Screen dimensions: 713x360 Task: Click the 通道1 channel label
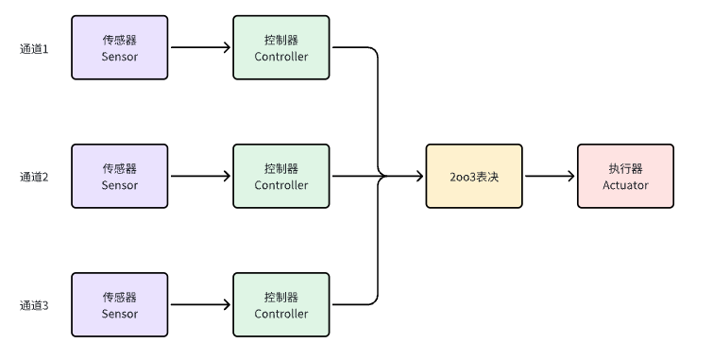click(x=34, y=49)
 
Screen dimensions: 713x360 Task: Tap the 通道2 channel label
click(x=34, y=177)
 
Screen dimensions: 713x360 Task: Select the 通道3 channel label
click(x=34, y=305)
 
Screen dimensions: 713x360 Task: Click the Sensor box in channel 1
click(x=120, y=47)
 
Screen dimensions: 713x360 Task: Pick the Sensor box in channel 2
click(x=120, y=176)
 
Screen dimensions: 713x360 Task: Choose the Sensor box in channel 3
click(x=120, y=305)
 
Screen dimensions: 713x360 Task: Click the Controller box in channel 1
click(x=281, y=47)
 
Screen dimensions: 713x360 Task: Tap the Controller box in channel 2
click(x=281, y=176)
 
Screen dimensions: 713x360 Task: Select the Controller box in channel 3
click(x=281, y=305)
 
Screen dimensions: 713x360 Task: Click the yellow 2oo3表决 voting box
click(x=474, y=176)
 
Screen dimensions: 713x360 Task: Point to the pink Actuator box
click(x=626, y=176)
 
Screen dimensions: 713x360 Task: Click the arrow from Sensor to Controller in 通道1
click(x=200, y=47)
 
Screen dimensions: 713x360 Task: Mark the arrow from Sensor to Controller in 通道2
click(x=200, y=176)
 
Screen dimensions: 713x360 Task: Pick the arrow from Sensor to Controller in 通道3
click(x=200, y=305)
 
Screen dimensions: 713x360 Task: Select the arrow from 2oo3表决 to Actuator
click(x=551, y=176)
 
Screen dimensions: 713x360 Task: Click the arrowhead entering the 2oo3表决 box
click(x=419, y=176)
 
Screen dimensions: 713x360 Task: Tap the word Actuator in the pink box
click(x=626, y=185)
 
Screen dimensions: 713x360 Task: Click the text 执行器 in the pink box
click(x=626, y=168)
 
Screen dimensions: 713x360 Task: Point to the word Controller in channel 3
click(x=281, y=314)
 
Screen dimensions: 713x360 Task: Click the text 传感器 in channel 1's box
click(x=120, y=40)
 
